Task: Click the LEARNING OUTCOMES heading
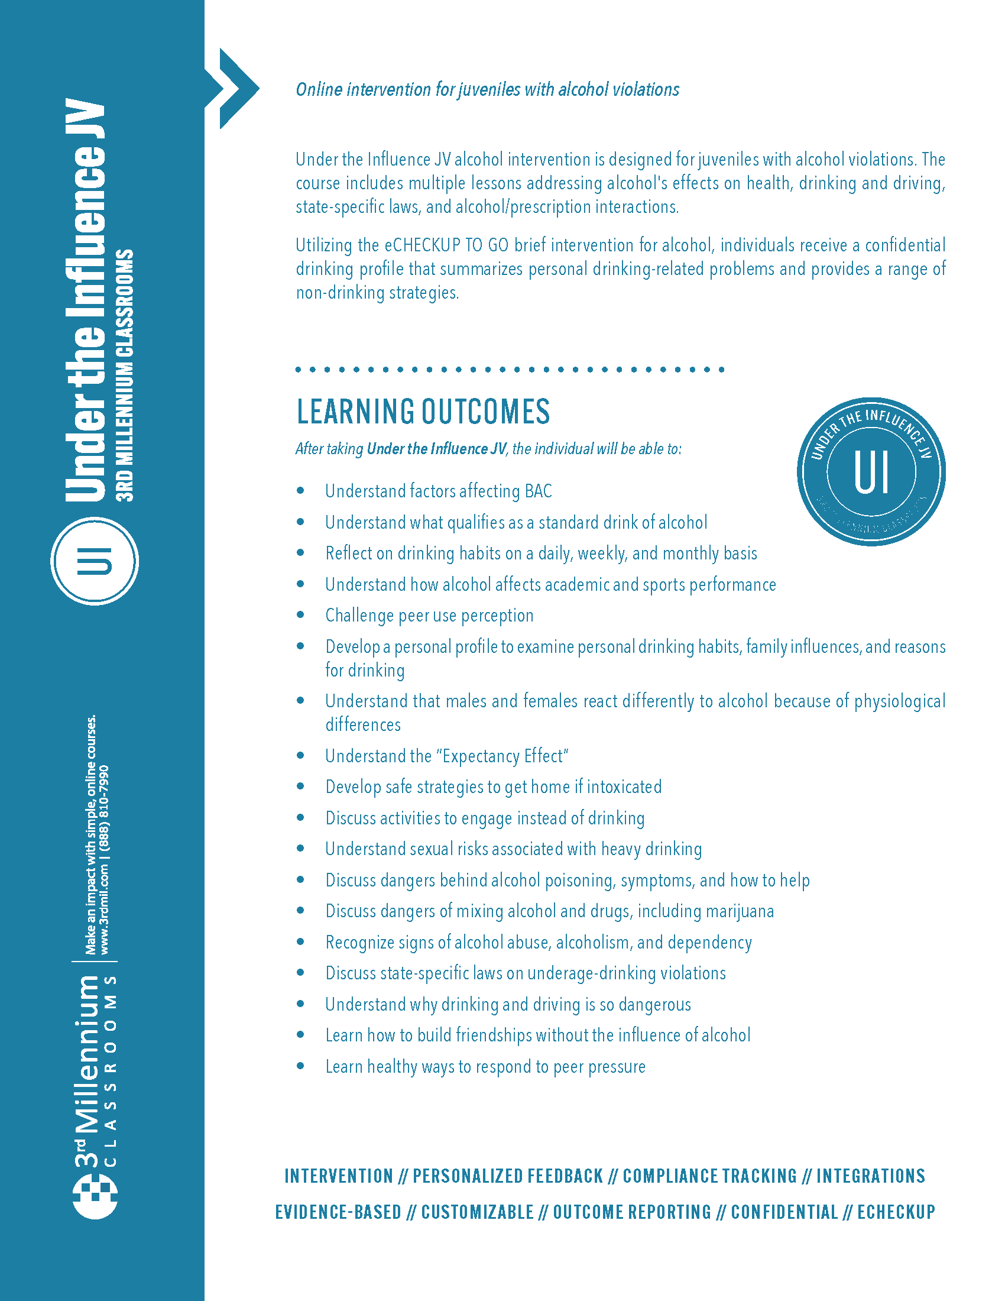(x=423, y=412)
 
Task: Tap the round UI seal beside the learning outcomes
(x=870, y=471)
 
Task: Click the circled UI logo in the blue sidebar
(x=95, y=561)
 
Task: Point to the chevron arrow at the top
(x=234, y=88)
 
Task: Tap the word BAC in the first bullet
(x=538, y=491)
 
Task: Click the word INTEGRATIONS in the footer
(x=870, y=1176)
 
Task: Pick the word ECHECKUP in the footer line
(x=896, y=1212)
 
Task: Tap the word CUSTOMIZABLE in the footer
(x=478, y=1212)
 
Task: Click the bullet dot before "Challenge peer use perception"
(x=301, y=615)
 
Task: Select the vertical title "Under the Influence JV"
(x=85, y=301)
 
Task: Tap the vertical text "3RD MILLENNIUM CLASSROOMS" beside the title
(x=125, y=376)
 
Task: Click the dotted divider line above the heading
(x=510, y=370)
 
